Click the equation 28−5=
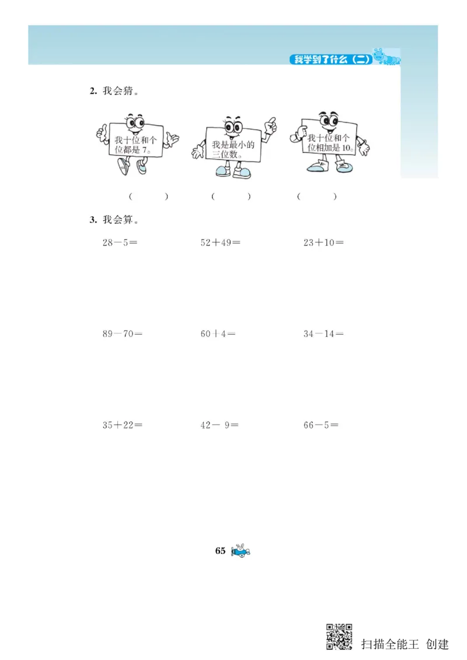coord(120,243)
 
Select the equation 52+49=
coord(220,243)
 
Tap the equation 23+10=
coord(323,243)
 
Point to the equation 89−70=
coord(123,334)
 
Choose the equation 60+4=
coord(218,334)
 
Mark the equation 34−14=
coord(323,334)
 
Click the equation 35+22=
coord(123,425)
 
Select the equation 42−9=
coord(219,425)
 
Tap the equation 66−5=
coord(321,425)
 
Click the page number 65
coord(220,551)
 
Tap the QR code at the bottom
coord(339,636)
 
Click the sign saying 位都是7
coord(135,144)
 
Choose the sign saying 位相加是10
coord(329,143)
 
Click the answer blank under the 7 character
coord(149,196)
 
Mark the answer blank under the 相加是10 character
coord(316,196)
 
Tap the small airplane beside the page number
coord(241,551)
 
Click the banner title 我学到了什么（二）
coord(331,59)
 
